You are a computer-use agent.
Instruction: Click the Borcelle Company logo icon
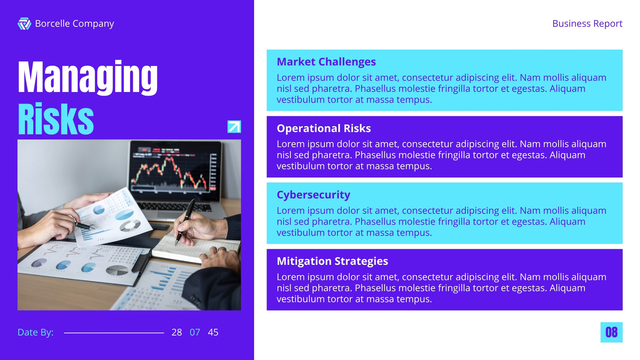point(24,24)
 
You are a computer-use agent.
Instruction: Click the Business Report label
point(587,24)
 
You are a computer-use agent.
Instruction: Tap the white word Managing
point(88,78)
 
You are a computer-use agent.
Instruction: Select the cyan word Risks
point(56,118)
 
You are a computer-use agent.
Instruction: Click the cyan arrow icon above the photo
point(234,126)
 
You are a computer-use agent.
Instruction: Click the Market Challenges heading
point(326,62)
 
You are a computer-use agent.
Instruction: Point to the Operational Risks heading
point(324,128)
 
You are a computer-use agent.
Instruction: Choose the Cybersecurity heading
point(313,195)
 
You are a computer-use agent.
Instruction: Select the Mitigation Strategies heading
point(332,261)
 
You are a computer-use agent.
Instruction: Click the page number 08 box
point(612,332)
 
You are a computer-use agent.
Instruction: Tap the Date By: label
point(36,332)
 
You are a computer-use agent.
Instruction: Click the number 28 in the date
point(176,332)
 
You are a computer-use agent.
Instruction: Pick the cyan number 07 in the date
point(195,332)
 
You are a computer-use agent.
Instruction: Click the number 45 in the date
point(213,332)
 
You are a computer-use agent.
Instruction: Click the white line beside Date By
point(114,333)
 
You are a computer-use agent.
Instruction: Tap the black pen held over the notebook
point(185,222)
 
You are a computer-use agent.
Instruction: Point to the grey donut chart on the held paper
point(130,226)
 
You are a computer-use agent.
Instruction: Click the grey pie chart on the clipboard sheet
point(117,270)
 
